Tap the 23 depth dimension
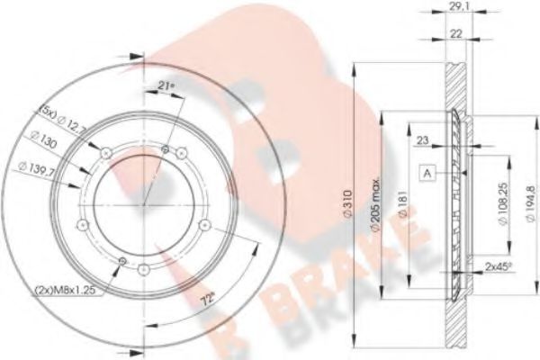(x=422, y=139)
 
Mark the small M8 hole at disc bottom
(x=122, y=261)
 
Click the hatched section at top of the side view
(x=458, y=76)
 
